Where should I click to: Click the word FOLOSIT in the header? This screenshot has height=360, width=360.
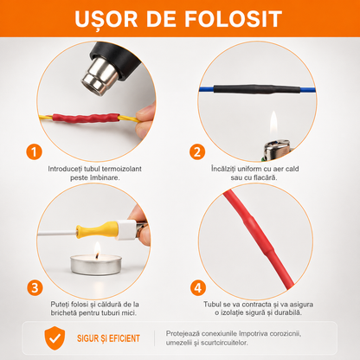[x=233, y=19]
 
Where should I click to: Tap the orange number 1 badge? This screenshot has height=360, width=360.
[x=34, y=152]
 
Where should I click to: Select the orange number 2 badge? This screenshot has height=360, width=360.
[x=197, y=152]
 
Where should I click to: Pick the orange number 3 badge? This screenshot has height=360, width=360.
[x=35, y=288]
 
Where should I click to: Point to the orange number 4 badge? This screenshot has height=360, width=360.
[x=198, y=288]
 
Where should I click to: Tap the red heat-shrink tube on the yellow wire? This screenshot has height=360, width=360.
[x=86, y=118]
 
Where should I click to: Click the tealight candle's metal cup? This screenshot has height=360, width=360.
[x=96, y=265]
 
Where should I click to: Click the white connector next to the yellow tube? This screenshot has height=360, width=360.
[x=126, y=230]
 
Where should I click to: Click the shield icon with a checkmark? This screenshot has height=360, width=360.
[x=55, y=338]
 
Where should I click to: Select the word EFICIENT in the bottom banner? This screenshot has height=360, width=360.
[x=124, y=338]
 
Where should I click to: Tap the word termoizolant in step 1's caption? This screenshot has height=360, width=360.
[x=122, y=169]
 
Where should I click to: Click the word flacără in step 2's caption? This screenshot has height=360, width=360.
[x=264, y=177]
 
